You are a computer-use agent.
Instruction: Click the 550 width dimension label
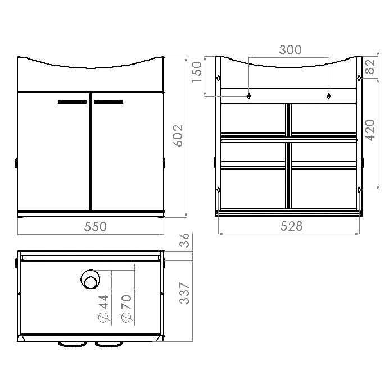point(96,227)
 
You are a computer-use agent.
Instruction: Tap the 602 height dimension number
point(178,135)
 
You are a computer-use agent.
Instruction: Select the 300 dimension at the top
point(291,49)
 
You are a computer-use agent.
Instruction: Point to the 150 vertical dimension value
point(197,72)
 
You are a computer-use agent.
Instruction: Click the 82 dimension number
point(370,67)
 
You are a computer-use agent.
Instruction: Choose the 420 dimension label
point(370,130)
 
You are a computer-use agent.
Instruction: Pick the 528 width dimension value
point(292,226)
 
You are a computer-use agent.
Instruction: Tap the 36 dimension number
point(184,240)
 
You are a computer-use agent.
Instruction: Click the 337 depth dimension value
point(184,293)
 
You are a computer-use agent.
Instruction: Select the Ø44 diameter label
point(103,309)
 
